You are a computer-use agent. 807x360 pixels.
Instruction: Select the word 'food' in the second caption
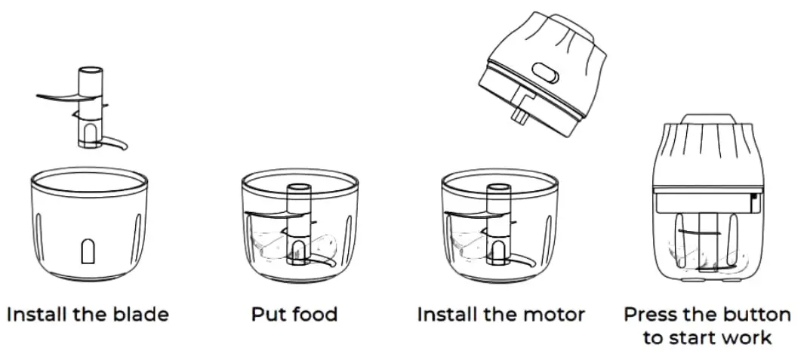tap(314, 314)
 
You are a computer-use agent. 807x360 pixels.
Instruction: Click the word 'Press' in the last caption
tap(651, 314)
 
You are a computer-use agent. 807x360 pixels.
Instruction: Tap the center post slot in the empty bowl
tap(88, 252)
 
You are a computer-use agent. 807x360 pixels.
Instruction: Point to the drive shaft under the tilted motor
tap(520, 112)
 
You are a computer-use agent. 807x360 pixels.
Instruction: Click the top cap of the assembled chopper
tap(707, 118)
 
